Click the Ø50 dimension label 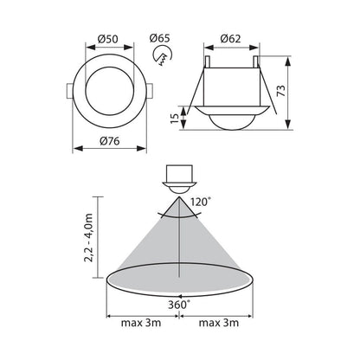pos(108,39)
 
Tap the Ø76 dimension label pos(110,141)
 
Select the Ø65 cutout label pos(160,38)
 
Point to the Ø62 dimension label pos(230,38)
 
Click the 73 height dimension pos(282,91)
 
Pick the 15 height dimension pos(175,119)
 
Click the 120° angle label pos(199,202)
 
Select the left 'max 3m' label pos(141,323)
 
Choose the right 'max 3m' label pos(219,323)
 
